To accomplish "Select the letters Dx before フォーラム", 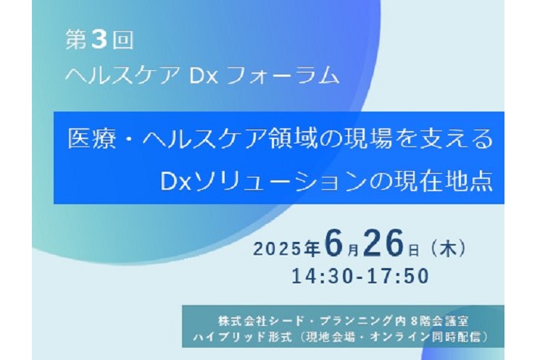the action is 204,75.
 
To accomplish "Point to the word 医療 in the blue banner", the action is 91,139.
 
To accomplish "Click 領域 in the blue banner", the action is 294,139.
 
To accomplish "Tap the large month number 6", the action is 334,243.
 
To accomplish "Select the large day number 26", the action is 383,243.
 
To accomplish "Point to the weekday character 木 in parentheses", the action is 448,248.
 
